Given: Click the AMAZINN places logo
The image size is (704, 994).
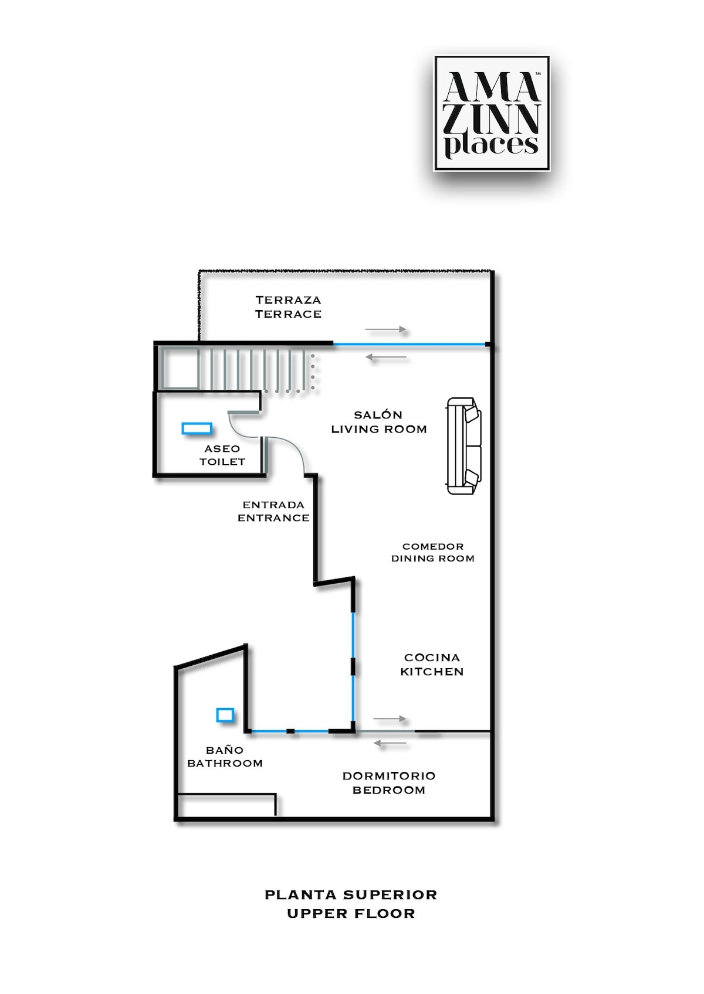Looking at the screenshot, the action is click(x=492, y=113).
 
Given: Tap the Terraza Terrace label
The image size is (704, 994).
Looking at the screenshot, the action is click(x=288, y=307).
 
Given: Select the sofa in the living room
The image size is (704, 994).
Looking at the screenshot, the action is click(x=463, y=446).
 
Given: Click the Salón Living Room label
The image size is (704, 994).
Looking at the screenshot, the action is click(x=379, y=422).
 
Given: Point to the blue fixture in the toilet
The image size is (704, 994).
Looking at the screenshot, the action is click(x=197, y=428).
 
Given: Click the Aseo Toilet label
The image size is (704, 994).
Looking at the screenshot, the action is click(x=222, y=455).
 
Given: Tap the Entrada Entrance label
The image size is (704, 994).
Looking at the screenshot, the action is click(x=273, y=511).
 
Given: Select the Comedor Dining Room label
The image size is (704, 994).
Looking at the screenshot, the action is click(x=432, y=553).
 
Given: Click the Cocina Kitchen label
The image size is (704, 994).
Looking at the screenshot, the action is click(x=432, y=664).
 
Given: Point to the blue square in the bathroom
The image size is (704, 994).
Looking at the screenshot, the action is click(x=225, y=715).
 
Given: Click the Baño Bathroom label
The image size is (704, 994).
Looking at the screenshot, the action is click(x=225, y=757).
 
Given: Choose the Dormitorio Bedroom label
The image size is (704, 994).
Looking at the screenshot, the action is click(x=388, y=783).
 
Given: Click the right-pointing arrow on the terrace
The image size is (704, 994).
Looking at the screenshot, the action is click(x=385, y=329).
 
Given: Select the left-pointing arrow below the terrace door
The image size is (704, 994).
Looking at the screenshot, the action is click(x=385, y=357).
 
